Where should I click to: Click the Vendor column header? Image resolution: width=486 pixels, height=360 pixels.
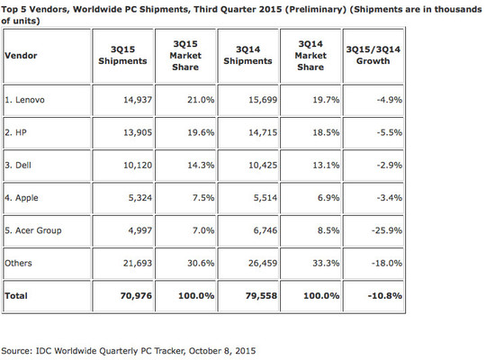(x=21, y=56)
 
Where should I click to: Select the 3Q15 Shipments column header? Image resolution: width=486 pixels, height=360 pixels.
(x=122, y=55)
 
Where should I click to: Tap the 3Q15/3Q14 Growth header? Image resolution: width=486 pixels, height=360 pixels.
(x=373, y=55)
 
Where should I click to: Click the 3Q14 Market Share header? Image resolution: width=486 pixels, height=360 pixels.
(x=310, y=56)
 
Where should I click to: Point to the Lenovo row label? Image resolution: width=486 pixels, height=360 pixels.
(x=24, y=100)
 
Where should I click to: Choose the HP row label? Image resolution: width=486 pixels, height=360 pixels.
(x=15, y=132)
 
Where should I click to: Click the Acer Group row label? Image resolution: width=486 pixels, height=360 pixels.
(x=33, y=230)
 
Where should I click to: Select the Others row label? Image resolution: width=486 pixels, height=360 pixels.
(x=18, y=264)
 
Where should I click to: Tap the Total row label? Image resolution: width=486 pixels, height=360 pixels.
(x=16, y=296)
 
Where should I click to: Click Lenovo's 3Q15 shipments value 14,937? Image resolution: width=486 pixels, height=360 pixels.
(x=138, y=100)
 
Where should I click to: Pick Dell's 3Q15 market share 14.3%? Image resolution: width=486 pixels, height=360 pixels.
(x=201, y=165)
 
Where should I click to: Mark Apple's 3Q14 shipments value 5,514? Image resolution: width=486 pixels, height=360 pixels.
(x=265, y=198)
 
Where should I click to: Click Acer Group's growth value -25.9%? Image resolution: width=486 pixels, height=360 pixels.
(x=387, y=230)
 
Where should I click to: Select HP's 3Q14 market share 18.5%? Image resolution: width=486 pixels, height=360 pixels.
(x=326, y=132)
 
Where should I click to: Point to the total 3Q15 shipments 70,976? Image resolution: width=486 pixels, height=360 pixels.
(x=136, y=296)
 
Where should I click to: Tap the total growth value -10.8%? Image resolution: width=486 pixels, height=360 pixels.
(x=385, y=296)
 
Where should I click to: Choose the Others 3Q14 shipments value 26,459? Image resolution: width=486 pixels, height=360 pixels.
(x=263, y=264)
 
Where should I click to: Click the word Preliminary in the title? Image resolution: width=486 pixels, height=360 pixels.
(x=316, y=9)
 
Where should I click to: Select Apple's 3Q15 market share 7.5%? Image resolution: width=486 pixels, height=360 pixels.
(x=203, y=198)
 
